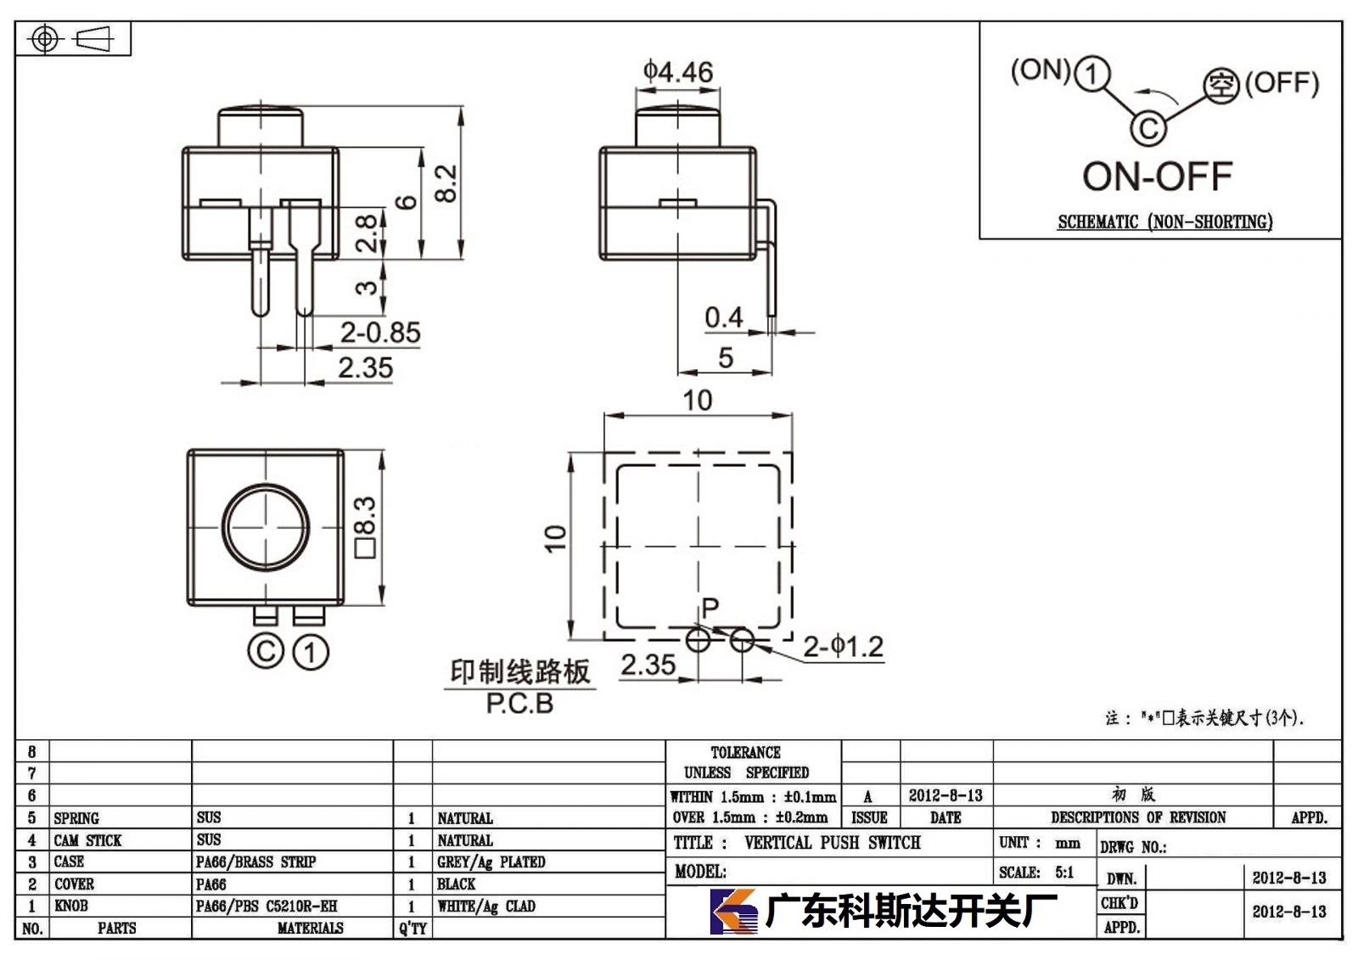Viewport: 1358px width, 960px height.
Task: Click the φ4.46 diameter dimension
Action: click(x=678, y=72)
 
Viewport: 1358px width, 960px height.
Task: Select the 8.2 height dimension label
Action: click(x=446, y=183)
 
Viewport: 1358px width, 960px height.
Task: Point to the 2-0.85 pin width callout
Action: click(x=380, y=333)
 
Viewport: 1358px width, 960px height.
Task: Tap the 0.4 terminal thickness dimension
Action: click(x=723, y=317)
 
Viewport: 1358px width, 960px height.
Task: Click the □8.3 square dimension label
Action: click(x=366, y=527)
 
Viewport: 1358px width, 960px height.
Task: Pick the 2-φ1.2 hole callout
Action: click(x=843, y=647)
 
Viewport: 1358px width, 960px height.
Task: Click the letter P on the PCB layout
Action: click(x=710, y=606)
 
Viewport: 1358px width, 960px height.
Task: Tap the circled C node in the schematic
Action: click(x=1148, y=128)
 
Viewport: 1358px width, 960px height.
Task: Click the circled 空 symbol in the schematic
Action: click(x=1221, y=86)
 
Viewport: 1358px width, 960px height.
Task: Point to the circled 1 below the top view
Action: click(x=311, y=653)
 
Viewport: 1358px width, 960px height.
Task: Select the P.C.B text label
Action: click(x=519, y=704)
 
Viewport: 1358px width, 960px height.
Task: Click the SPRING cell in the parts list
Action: click(x=76, y=818)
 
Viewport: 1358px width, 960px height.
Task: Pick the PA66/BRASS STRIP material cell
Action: click(x=255, y=862)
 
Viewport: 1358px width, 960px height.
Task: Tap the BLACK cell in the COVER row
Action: click(x=456, y=884)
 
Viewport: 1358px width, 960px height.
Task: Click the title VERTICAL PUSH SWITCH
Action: click(x=833, y=842)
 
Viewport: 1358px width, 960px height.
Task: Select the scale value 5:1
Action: click(x=1064, y=872)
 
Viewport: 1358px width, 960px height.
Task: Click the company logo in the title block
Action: click(x=733, y=912)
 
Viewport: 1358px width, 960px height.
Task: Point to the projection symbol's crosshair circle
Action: click(x=45, y=39)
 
